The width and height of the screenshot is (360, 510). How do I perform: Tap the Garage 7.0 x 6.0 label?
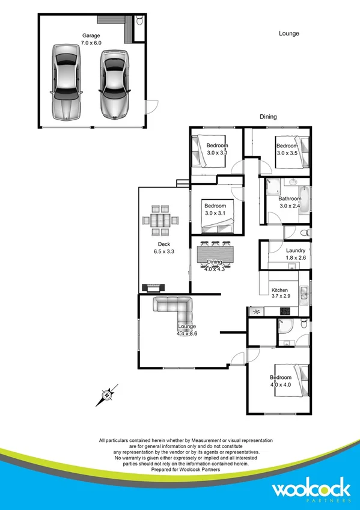pos(92,39)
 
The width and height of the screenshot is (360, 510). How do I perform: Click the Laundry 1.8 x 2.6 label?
pos(294,254)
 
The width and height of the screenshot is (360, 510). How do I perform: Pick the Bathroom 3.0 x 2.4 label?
pos(290,202)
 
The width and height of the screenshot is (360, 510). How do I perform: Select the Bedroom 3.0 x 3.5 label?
pos(287,149)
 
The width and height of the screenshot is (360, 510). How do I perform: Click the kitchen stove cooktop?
pos(284,312)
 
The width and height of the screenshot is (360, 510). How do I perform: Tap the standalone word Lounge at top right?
pos(288,34)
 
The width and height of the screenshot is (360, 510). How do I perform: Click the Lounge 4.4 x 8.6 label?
pos(187,330)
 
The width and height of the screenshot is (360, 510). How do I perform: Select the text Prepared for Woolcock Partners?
pos(180,470)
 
